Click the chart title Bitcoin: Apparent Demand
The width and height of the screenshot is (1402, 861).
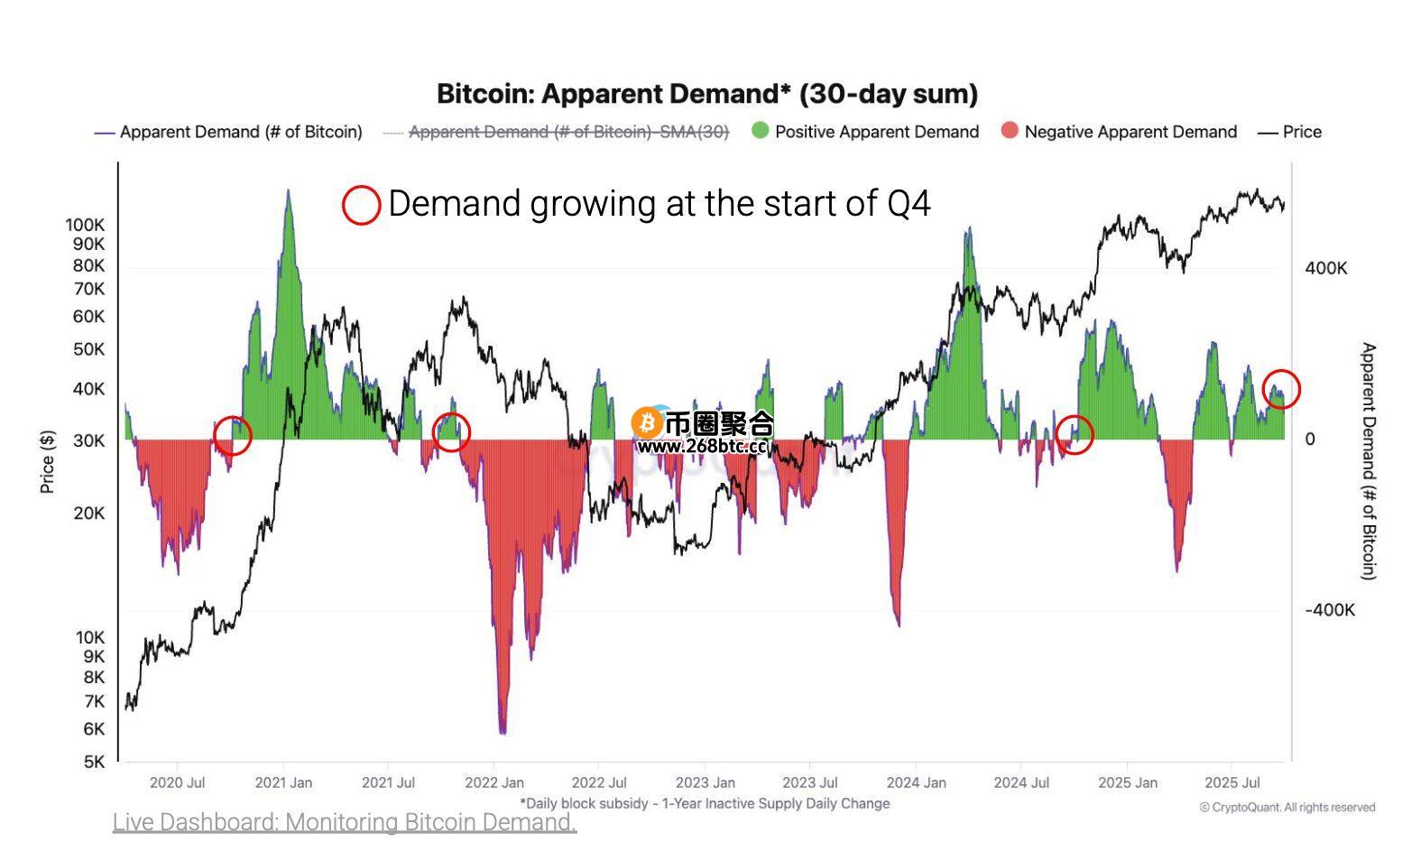coord(706,94)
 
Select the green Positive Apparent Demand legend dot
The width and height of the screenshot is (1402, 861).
coord(761,131)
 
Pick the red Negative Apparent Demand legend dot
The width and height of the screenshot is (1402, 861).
coord(1010,131)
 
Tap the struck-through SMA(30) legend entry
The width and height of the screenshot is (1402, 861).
coord(567,132)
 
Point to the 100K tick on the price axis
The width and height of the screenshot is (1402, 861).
coord(85,224)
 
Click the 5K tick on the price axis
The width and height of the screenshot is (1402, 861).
coord(94,762)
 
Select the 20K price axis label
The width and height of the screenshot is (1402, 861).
coord(88,513)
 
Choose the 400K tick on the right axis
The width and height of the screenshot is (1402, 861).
coord(1325,268)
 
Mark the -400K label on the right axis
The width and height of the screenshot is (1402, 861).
coord(1329,610)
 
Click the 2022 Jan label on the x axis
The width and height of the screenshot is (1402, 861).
coord(494,782)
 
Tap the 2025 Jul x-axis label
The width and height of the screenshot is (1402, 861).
coord(1232,782)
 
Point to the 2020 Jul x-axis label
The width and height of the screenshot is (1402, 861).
coord(177,782)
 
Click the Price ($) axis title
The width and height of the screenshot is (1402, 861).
coord(48,461)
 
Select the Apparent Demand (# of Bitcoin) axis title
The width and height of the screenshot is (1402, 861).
coord(1369,460)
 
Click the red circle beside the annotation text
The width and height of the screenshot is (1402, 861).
coord(361,205)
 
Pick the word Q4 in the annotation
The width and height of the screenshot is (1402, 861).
coord(909,204)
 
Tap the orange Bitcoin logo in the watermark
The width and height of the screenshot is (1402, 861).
coord(646,422)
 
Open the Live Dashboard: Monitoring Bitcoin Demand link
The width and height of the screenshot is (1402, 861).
coord(344,822)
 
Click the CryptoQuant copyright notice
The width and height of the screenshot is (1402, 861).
coord(1287,807)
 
